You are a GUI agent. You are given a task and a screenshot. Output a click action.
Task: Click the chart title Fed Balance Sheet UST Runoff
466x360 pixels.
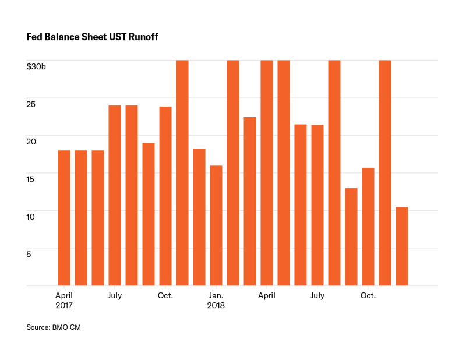coord(93,37)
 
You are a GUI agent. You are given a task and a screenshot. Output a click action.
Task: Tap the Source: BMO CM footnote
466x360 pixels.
coord(54,327)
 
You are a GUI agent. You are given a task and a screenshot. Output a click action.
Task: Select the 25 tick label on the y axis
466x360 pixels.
coord(31,104)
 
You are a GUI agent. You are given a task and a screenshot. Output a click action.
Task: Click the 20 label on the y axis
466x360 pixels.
coord(31,142)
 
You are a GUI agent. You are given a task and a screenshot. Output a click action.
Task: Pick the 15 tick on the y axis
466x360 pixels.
coord(31,179)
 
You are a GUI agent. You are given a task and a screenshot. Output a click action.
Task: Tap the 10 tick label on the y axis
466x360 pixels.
coord(31,217)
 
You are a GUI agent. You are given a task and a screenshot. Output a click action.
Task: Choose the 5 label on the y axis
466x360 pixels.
coord(29,254)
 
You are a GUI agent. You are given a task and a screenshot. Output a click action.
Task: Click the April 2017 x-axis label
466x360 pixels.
coord(64,300)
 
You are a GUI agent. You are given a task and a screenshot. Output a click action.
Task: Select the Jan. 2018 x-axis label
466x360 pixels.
coord(216,300)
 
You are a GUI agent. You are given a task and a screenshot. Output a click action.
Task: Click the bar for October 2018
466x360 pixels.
coord(368,227)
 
